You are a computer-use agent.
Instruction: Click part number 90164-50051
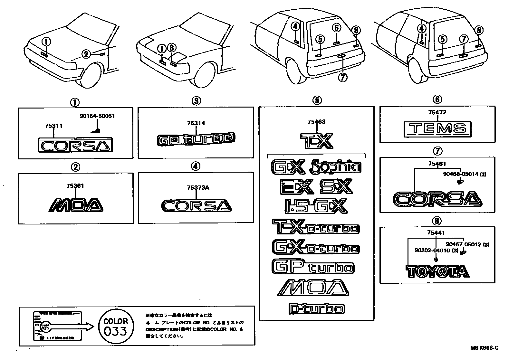click(97, 116)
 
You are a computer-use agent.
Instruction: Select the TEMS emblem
click(437, 128)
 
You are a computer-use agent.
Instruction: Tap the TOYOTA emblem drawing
click(437, 271)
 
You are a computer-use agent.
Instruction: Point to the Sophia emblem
click(335, 166)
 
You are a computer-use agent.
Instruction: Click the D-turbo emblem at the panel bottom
click(316, 309)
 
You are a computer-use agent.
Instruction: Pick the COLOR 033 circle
click(116, 326)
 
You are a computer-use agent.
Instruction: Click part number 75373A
click(198, 188)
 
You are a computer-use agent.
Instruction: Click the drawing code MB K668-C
click(484, 348)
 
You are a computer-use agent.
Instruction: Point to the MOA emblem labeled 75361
click(76, 205)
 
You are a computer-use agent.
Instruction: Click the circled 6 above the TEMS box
click(437, 99)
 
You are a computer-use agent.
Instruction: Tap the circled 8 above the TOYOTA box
click(437, 221)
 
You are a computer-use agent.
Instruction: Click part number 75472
click(437, 113)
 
